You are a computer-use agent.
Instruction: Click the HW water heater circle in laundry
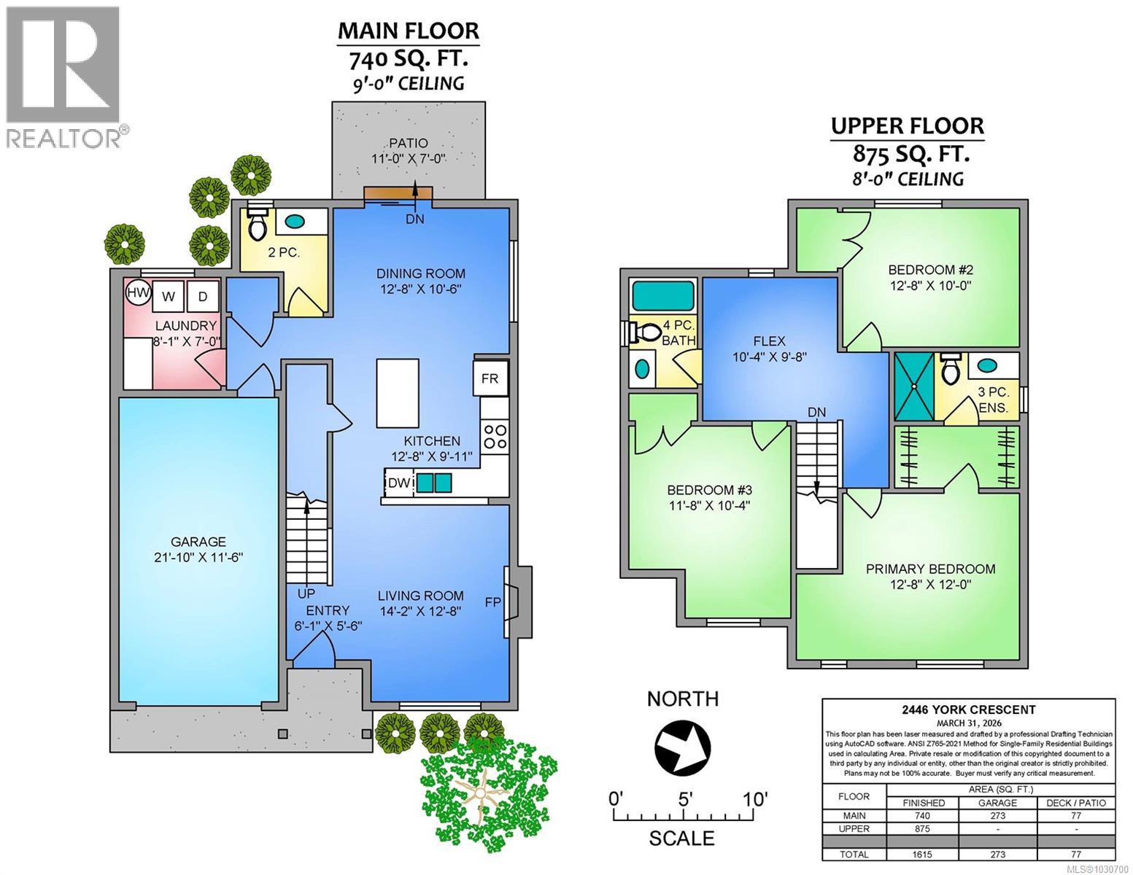point(138,294)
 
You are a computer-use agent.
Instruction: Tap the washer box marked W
point(169,296)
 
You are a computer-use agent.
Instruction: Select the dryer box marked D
point(203,296)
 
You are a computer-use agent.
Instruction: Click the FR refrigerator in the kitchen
point(490,378)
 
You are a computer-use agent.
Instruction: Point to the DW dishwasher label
point(398,483)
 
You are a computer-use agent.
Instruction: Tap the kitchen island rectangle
point(398,393)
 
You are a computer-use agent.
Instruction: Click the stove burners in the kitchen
point(495,435)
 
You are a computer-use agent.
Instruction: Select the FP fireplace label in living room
point(492,602)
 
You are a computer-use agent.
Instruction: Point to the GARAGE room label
point(198,542)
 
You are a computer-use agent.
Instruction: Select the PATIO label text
point(408,144)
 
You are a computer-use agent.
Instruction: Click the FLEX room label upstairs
point(769,341)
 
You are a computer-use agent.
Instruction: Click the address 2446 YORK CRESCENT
point(967,709)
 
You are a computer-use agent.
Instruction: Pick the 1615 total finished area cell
point(922,854)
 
